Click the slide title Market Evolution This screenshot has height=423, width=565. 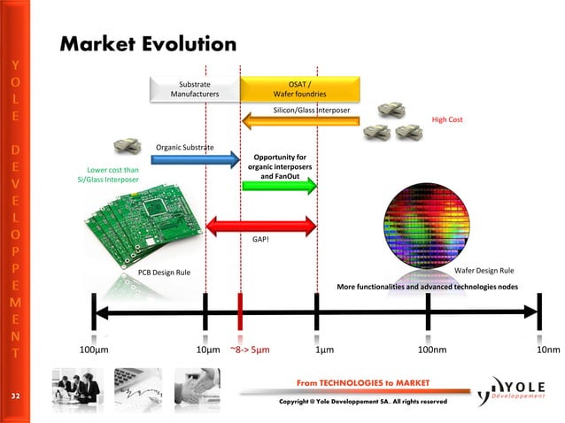[148, 43]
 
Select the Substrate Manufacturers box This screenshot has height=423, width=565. [195, 88]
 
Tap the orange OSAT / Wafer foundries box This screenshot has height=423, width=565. [300, 88]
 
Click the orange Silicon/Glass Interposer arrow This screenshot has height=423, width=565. [301, 121]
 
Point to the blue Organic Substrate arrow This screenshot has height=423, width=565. [195, 159]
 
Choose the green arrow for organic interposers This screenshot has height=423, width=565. [279, 188]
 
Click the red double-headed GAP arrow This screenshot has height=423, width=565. [261, 226]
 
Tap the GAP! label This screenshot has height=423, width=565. [261, 240]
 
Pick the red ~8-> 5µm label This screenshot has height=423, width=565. [250, 350]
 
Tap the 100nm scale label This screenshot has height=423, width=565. [432, 350]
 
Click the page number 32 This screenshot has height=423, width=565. [15, 394]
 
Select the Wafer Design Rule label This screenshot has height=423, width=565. [484, 271]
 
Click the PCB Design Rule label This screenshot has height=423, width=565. [163, 271]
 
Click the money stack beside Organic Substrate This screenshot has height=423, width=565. [128, 145]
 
